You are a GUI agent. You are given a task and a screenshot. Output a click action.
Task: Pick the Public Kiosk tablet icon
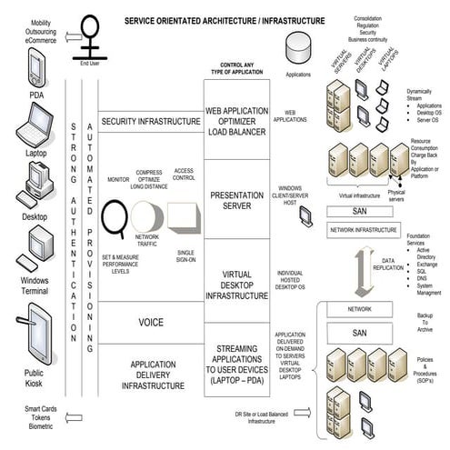coord(32,322)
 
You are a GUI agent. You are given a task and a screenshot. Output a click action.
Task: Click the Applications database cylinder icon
coord(298,45)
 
